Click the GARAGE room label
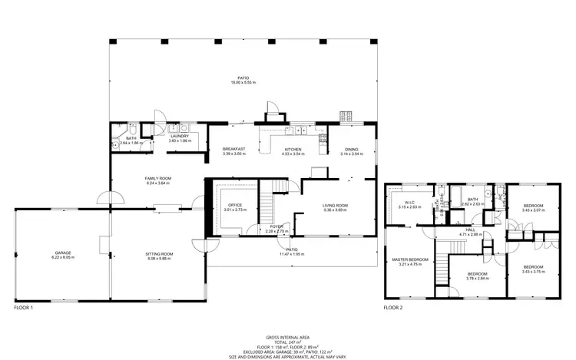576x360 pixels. (x=63, y=253)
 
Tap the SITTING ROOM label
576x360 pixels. (x=160, y=253)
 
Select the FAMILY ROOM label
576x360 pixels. (x=157, y=179)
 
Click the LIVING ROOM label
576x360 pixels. (x=335, y=205)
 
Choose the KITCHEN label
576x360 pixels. (x=292, y=149)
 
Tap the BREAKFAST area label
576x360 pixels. (x=233, y=149)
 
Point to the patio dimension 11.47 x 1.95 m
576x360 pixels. (x=292, y=254)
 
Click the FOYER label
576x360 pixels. (x=276, y=226)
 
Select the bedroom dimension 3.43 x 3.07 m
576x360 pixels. (x=533, y=210)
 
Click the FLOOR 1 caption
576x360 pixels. (x=24, y=308)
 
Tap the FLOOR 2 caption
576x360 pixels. (x=393, y=308)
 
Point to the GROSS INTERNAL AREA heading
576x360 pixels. (x=288, y=337)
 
